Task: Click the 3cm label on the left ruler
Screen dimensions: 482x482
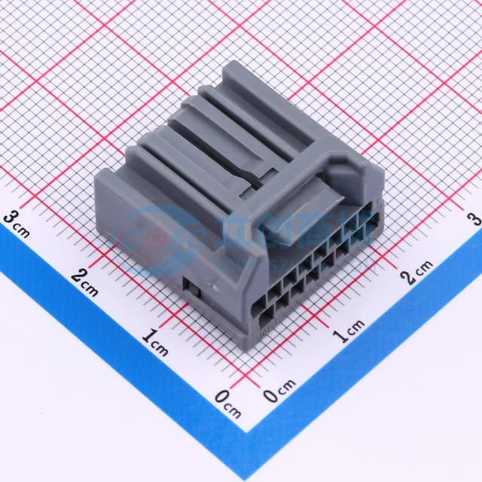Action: pos(17,223)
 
